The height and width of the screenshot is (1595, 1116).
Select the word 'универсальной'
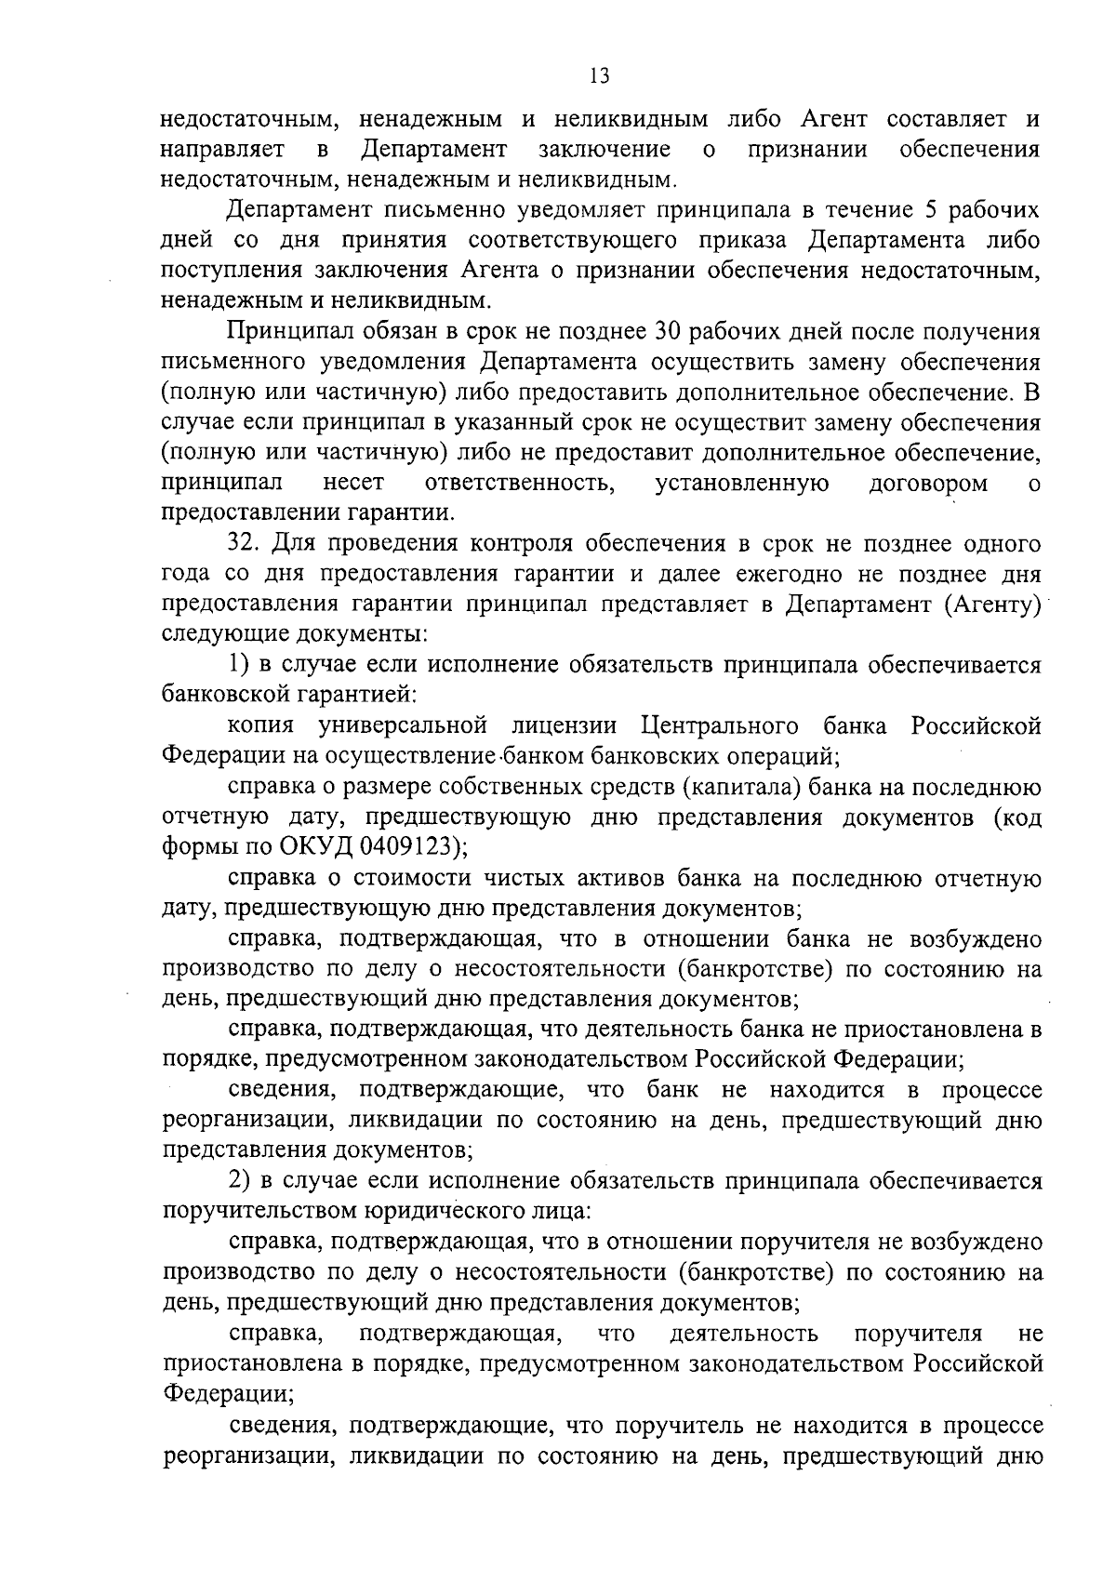pos(404,725)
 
